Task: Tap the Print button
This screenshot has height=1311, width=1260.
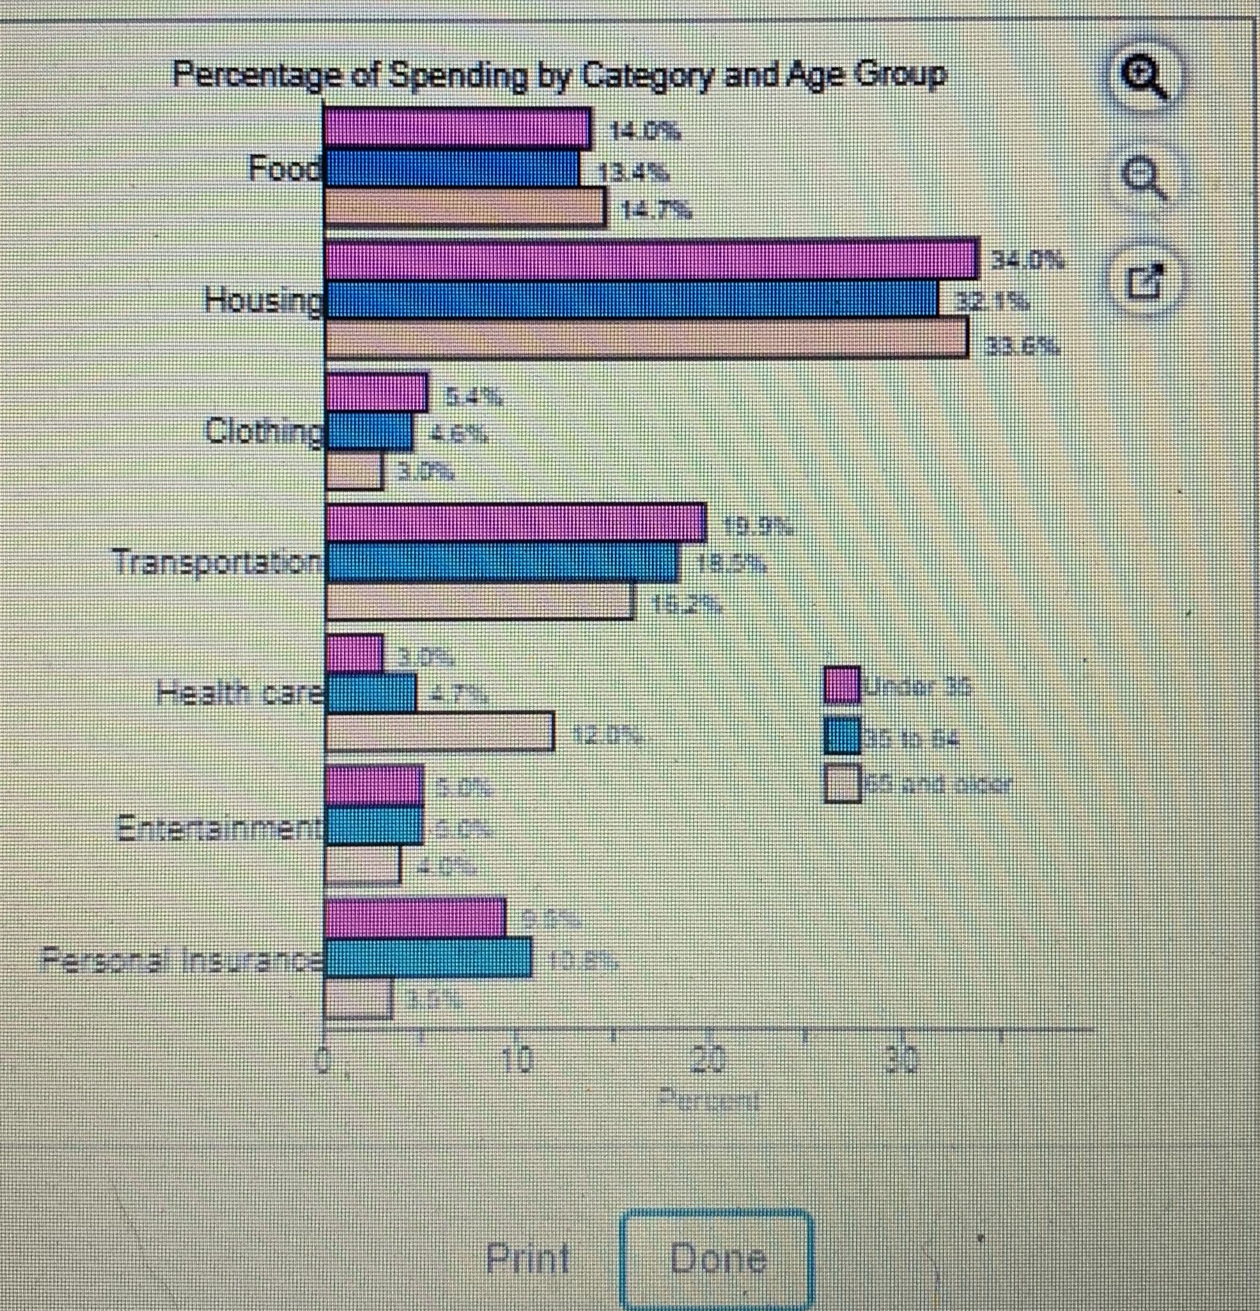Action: click(x=527, y=1258)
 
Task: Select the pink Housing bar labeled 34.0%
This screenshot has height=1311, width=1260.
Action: click(x=651, y=260)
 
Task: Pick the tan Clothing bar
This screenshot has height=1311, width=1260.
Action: click(x=354, y=472)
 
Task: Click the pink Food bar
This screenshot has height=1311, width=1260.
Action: click(x=458, y=128)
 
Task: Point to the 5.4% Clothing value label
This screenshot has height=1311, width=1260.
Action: click(x=474, y=399)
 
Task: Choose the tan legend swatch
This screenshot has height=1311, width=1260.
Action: click(x=842, y=783)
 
